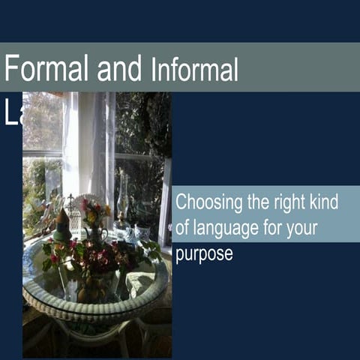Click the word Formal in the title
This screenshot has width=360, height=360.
pos(47,68)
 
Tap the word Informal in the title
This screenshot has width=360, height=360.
pos(194,70)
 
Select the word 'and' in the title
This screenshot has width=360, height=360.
pos(120,68)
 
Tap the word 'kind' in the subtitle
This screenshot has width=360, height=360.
pos(325,202)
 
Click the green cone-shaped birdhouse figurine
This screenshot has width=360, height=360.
pos(63,225)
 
